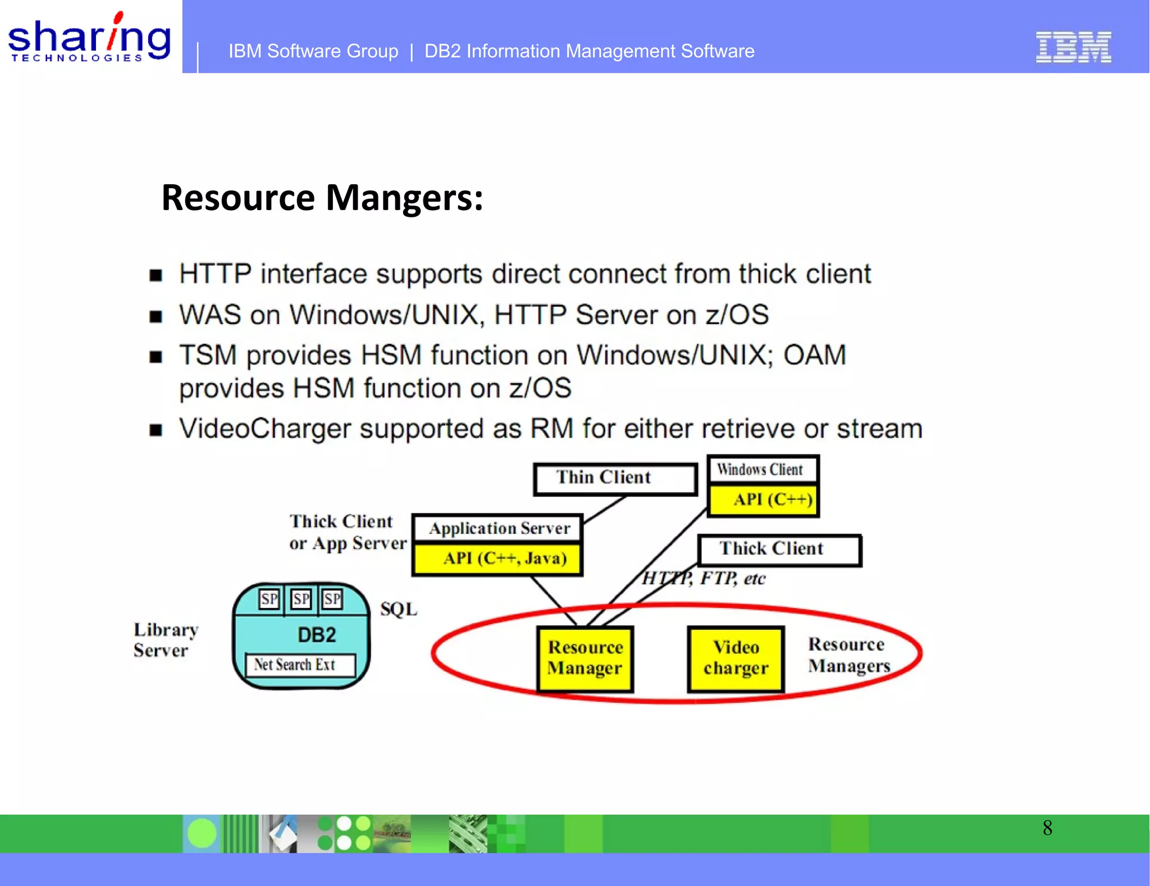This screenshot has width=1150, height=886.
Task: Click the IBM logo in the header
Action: pos(1073,47)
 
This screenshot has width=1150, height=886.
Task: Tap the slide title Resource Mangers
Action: pos(322,198)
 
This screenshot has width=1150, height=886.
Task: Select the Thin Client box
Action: pos(615,479)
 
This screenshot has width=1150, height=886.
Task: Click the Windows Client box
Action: pos(762,469)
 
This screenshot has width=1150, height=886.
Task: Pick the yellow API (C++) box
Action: pos(763,500)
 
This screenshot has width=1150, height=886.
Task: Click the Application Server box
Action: pos(498,529)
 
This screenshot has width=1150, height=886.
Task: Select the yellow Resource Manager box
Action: pos(585,658)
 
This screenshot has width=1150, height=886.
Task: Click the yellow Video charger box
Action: pos(736,658)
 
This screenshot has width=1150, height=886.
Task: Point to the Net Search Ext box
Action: pos(300,665)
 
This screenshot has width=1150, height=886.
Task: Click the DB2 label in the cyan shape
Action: pos(317,635)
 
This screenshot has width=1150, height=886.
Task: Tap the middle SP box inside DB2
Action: pos(301,599)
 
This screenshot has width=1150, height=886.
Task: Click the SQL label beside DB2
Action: pos(399,610)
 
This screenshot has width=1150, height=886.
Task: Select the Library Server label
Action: pos(165,640)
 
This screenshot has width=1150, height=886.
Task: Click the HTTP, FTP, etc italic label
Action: pos(704,578)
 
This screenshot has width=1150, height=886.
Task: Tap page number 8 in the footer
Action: pos(1047,828)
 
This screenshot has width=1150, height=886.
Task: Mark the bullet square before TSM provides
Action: pos(156,357)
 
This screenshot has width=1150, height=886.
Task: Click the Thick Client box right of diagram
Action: pos(779,549)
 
